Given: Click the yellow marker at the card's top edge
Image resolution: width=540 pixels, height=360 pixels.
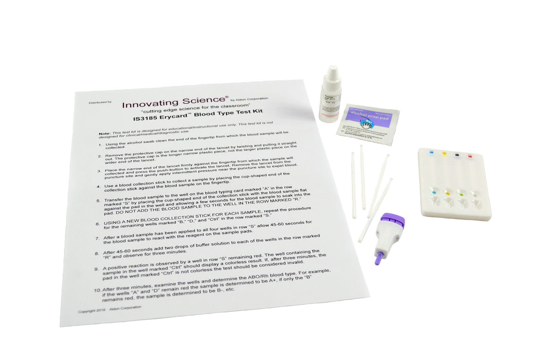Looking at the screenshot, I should coord(444,153).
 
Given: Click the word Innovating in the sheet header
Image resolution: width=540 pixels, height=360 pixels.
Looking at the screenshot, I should coord(150,104).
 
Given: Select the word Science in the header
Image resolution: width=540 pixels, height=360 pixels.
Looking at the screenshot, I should coord(202,100).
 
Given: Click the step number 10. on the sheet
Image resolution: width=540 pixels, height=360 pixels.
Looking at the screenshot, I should coord(97,291).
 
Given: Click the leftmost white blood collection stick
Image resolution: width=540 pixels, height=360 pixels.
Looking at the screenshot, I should coord(353,185).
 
